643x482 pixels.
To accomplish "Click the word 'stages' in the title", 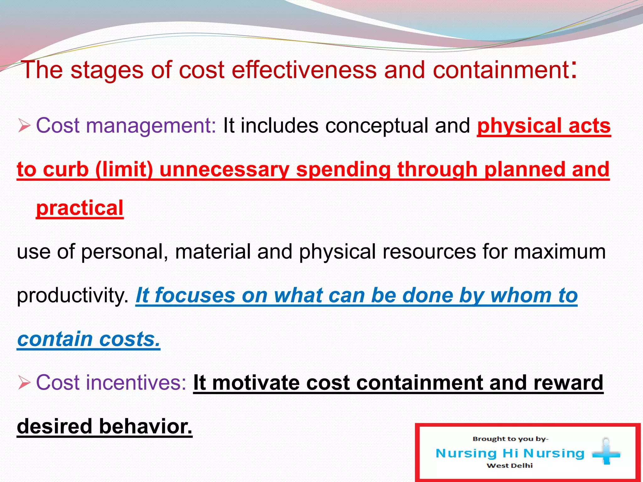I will point(107,70).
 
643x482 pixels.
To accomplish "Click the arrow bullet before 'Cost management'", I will point(24,126).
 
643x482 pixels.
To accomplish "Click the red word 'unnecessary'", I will point(224,170).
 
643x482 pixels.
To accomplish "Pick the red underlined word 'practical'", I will point(80,208).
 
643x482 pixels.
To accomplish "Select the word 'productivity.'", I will point(73,296).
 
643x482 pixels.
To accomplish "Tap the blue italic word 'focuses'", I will point(195,296).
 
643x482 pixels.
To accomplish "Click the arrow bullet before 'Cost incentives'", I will point(24,383).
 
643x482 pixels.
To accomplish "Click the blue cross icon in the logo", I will point(606,452).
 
